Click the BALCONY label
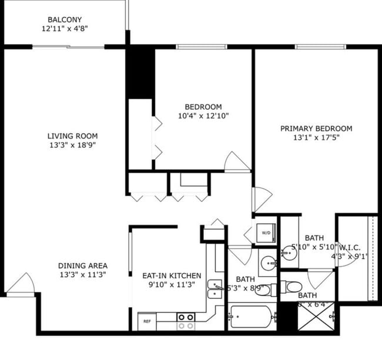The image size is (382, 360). click(65, 19)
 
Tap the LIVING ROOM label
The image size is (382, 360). click(72, 136)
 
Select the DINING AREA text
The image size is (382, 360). click(82, 265)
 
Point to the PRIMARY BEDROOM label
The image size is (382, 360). click(316, 129)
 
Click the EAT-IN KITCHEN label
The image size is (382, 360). click(172, 275)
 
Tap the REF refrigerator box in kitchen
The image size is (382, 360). click(147, 321)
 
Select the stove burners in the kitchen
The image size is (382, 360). click(186, 321)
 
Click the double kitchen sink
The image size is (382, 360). click(215, 290)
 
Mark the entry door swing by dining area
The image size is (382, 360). click(21, 283)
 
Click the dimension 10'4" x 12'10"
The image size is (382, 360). click(203, 116)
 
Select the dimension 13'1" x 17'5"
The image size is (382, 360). click(316, 139)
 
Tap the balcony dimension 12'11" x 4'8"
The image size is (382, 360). click(65, 28)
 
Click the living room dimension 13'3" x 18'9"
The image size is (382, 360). click(72, 146)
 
